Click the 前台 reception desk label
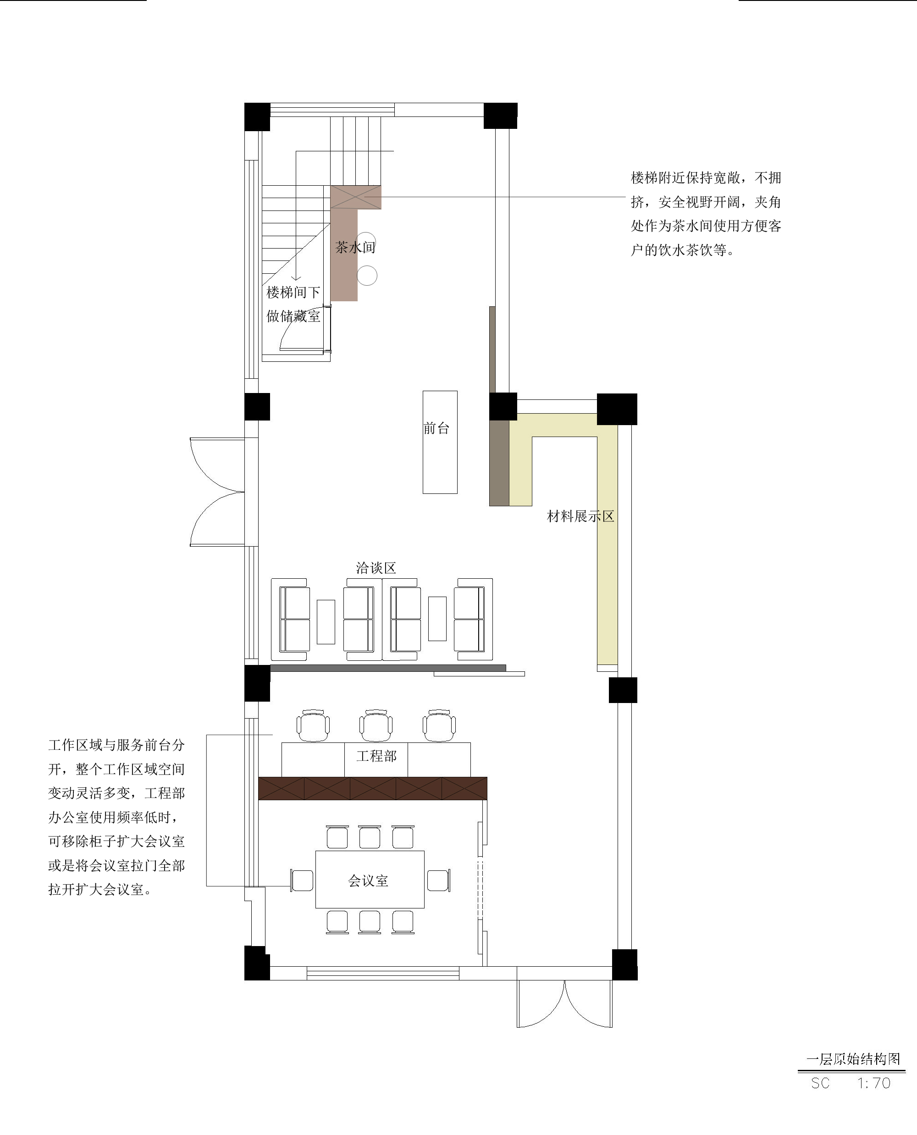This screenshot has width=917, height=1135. coord(436,428)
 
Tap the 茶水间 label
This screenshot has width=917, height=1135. coord(355,247)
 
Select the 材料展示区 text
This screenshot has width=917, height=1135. coord(580,516)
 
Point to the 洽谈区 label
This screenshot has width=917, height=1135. coord(376,568)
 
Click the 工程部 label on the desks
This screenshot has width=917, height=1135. coord(376,756)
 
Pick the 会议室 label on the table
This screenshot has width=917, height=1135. coord(368,880)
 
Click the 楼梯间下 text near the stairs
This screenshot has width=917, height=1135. coord(293,292)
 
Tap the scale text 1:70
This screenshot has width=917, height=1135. coord(874,1083)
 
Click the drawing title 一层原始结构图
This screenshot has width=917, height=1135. coord(853,1059)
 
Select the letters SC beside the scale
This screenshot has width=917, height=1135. coord(820,1083)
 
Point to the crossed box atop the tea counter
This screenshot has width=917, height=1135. coord(356,197)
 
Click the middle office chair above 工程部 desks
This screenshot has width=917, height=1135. coord(376,725)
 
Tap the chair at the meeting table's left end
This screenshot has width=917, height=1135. coord(302,881)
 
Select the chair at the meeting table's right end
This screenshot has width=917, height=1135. coord(438,881)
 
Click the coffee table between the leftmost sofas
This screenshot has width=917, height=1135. coord(326,622)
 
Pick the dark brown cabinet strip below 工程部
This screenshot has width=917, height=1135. coord(373,788)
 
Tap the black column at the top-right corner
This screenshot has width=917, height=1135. coord(500,116)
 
